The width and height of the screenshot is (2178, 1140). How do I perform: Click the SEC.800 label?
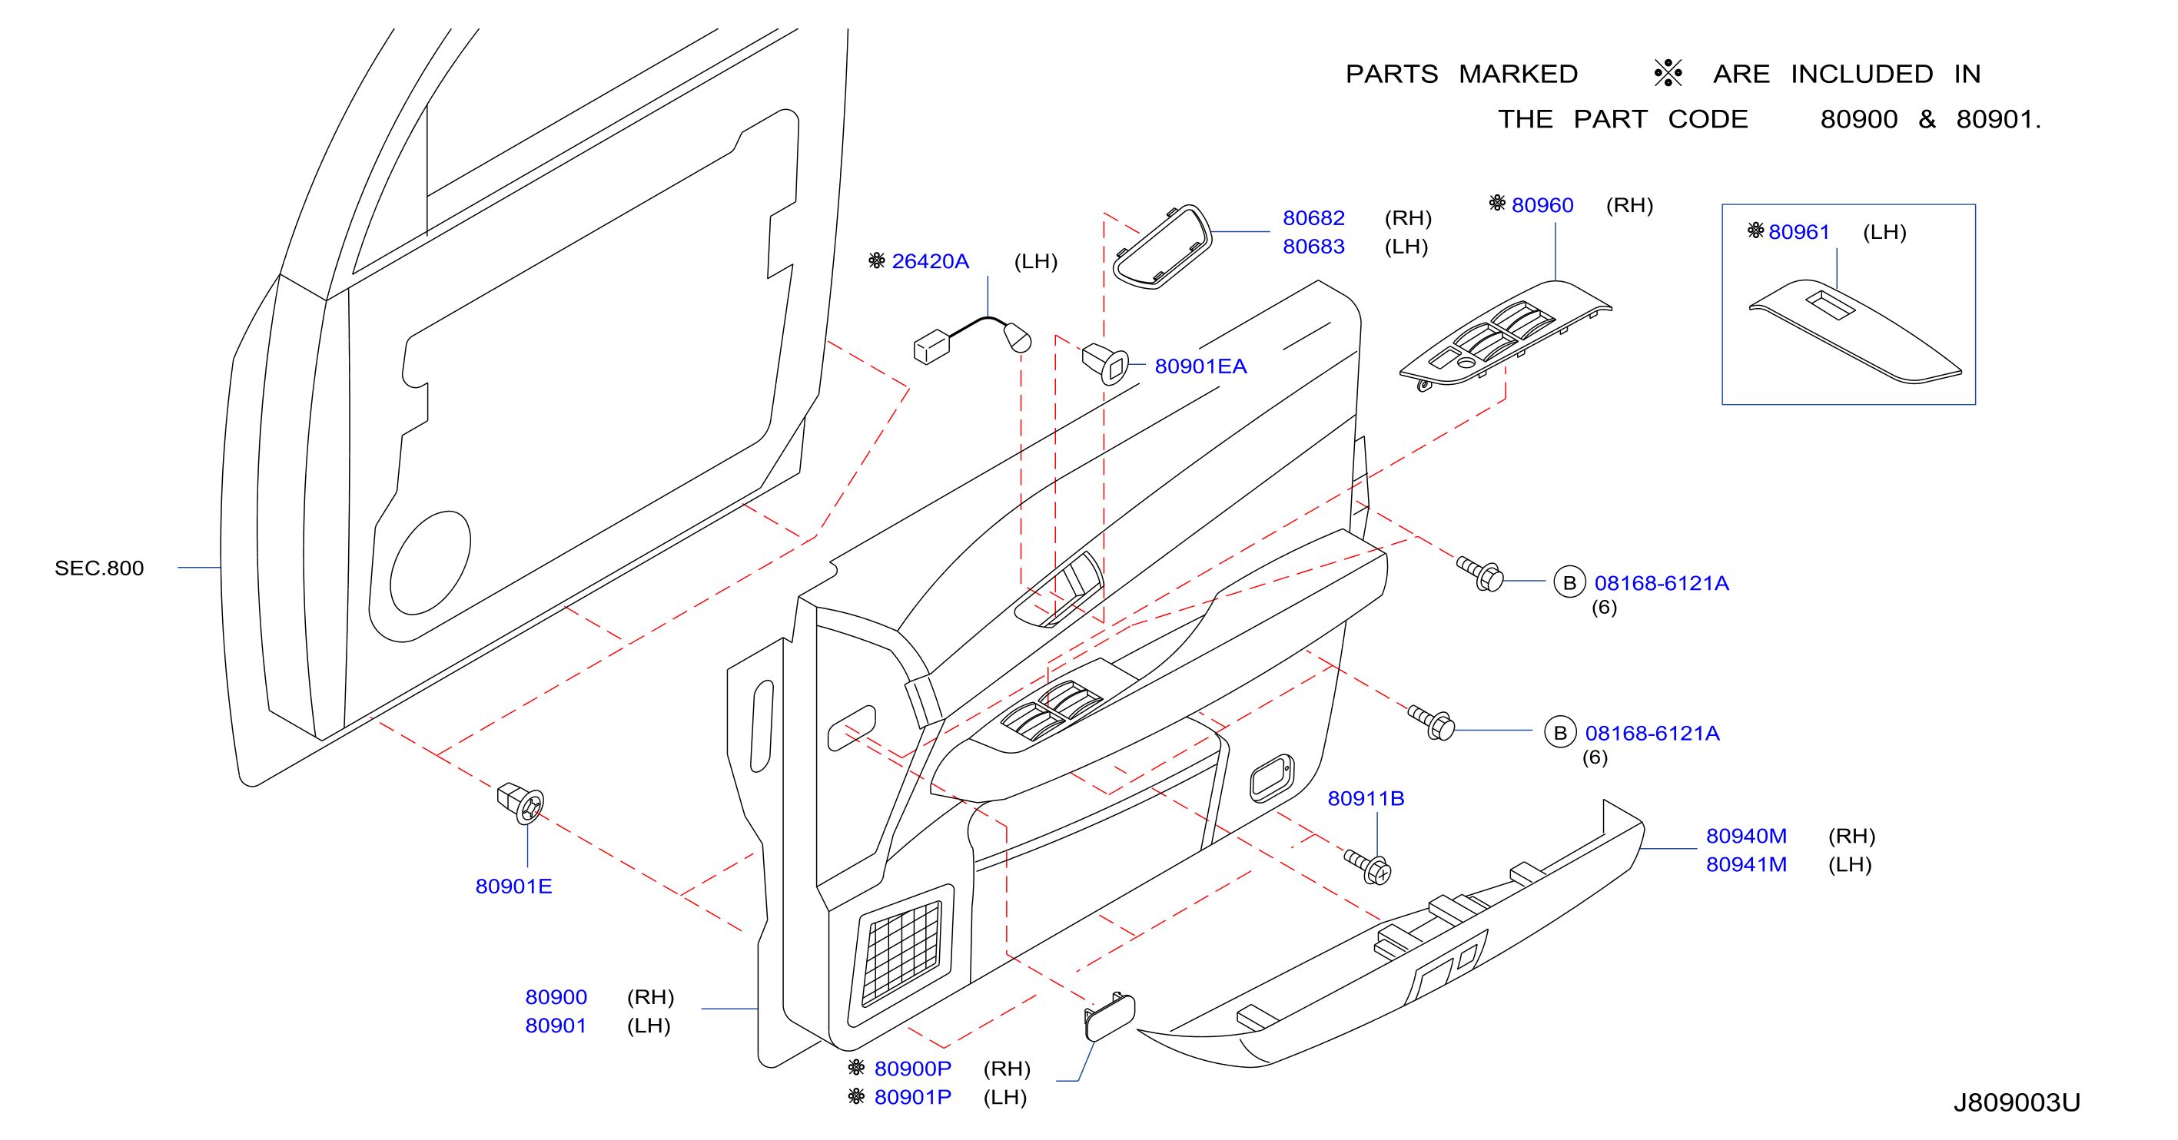coord(99,568)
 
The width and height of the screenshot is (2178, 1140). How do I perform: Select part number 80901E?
coord(513,886)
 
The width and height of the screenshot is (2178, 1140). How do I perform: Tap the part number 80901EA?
coord(1200,366)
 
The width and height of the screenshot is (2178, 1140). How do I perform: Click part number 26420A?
coord(930,261)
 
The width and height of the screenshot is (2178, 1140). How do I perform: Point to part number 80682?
coord(1314,218)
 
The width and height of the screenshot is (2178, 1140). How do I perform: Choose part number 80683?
coord(1314,247)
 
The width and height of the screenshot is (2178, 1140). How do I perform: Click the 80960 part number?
coord(1542,205)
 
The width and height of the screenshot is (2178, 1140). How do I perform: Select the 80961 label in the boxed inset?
coord(1798,233)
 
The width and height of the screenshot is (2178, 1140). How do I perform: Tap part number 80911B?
coord(1366,799)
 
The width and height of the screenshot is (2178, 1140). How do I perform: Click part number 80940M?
coord(1746,836)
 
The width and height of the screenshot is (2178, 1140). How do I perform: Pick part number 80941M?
coord(1746,864)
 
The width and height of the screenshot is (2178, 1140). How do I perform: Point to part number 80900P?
coord(912,1069)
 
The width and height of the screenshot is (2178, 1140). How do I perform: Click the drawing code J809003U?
coord(2017,1103)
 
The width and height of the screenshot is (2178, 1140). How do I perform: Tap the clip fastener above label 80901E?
coord(521,803)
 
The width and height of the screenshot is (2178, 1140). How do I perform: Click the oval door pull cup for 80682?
coord(1163,247)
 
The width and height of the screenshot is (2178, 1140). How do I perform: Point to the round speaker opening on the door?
coord(430,563)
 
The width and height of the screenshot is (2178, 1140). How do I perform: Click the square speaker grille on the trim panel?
coord(901,955)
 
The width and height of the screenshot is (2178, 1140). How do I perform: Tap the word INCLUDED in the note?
coord(1862,75)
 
